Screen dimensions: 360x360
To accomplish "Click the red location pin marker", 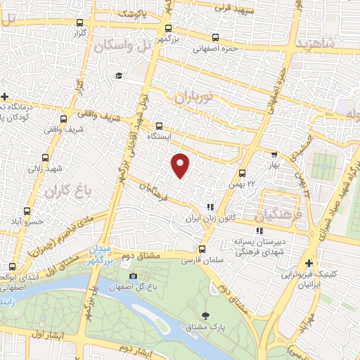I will tap(181, 165).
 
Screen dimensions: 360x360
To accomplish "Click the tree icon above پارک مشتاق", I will tap(205, 316).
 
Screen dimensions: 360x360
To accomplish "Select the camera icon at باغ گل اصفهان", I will tap(134, 275).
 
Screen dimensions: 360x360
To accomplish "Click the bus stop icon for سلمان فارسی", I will tap(202, 248).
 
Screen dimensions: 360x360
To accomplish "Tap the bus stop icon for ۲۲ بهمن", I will tap(242, 172).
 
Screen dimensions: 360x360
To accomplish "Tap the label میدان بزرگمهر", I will tap(98, 255).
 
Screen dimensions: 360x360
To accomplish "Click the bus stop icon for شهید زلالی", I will tap(45, 157).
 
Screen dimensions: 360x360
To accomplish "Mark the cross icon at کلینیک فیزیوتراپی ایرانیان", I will tap(309, 263).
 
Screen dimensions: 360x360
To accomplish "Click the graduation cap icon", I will tap(119, 75).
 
